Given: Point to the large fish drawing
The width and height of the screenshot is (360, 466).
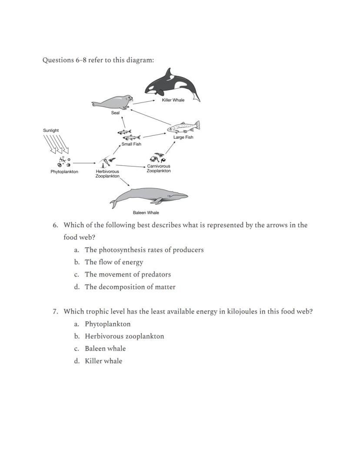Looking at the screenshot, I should point(183,127).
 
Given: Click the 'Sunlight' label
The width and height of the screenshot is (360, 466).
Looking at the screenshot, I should point(51,131).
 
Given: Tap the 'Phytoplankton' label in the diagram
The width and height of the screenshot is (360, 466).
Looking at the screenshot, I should point(64,172).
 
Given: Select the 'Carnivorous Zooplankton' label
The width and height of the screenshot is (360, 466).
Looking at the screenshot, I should point(159,168).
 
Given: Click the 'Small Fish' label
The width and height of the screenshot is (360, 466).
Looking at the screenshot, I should point(131,144).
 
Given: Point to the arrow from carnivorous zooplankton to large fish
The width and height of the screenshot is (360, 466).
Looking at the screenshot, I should point(170,147).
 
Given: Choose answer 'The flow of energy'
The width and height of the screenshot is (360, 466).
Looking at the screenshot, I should point(114,262).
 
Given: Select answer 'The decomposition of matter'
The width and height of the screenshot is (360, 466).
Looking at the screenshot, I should point(130,287).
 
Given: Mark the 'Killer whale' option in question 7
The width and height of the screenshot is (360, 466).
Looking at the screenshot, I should point(103,361).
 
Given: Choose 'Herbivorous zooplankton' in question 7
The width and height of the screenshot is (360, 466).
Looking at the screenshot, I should point(124,336).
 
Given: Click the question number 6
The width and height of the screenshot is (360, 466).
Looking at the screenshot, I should point(55,225).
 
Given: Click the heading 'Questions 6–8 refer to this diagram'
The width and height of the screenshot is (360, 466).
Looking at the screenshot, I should point(98,60).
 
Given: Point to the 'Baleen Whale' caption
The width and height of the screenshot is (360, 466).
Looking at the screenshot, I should point(146,213).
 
